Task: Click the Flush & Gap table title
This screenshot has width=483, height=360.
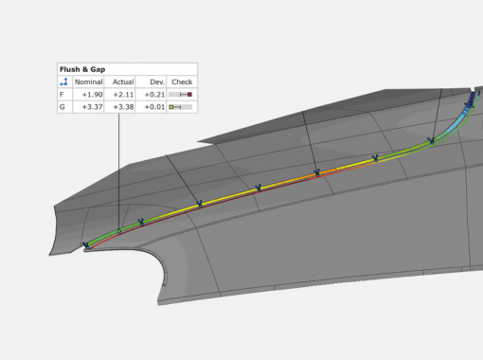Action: [82, 69]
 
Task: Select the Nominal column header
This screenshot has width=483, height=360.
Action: [88, 82]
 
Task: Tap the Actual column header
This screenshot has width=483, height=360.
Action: [123, 82]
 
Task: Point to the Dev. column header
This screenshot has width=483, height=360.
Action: [157, 82]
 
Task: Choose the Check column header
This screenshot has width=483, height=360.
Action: [182, 82]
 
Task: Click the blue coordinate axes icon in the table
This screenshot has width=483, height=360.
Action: [64, 81]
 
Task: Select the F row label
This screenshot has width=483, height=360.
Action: [62, 95]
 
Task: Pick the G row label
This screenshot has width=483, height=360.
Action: [62, 107]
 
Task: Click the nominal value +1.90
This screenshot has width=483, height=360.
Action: [92, 95]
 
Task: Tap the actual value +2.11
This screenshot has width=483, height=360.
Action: [123, 95]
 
